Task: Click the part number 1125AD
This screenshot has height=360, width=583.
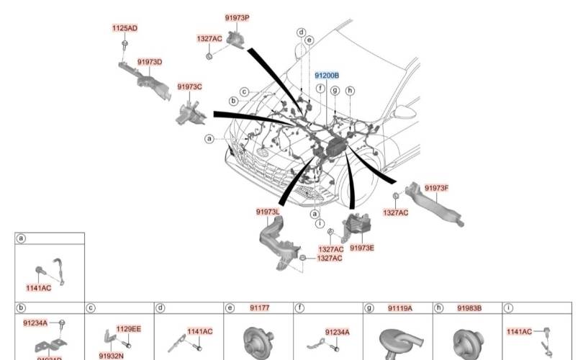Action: [x=125, y=28]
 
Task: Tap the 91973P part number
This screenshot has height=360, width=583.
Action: [x=237, y=17]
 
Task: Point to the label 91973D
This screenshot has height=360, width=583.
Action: [x=149, y=62]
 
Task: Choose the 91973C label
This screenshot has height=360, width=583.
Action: [x=189, y=86]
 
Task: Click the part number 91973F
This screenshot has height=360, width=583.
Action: [x=436, y=188]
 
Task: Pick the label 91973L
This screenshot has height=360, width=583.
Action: [x=268, y=212]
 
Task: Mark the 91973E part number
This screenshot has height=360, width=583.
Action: [x=362, y=248]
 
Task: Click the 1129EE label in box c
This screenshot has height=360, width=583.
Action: [x=129, y=328]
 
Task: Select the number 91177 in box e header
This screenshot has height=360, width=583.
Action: [x=259, y=307]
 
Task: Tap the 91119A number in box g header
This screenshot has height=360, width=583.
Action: [x=399, y=307]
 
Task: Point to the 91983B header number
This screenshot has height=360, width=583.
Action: [x=469, y=307]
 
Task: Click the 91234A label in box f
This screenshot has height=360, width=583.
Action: [x=337, y=332]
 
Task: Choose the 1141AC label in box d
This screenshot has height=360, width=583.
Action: [x=200, y=331]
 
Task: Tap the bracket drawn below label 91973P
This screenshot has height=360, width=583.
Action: [x=235, y=38]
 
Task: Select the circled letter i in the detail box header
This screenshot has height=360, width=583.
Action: [x=510, y=308]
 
